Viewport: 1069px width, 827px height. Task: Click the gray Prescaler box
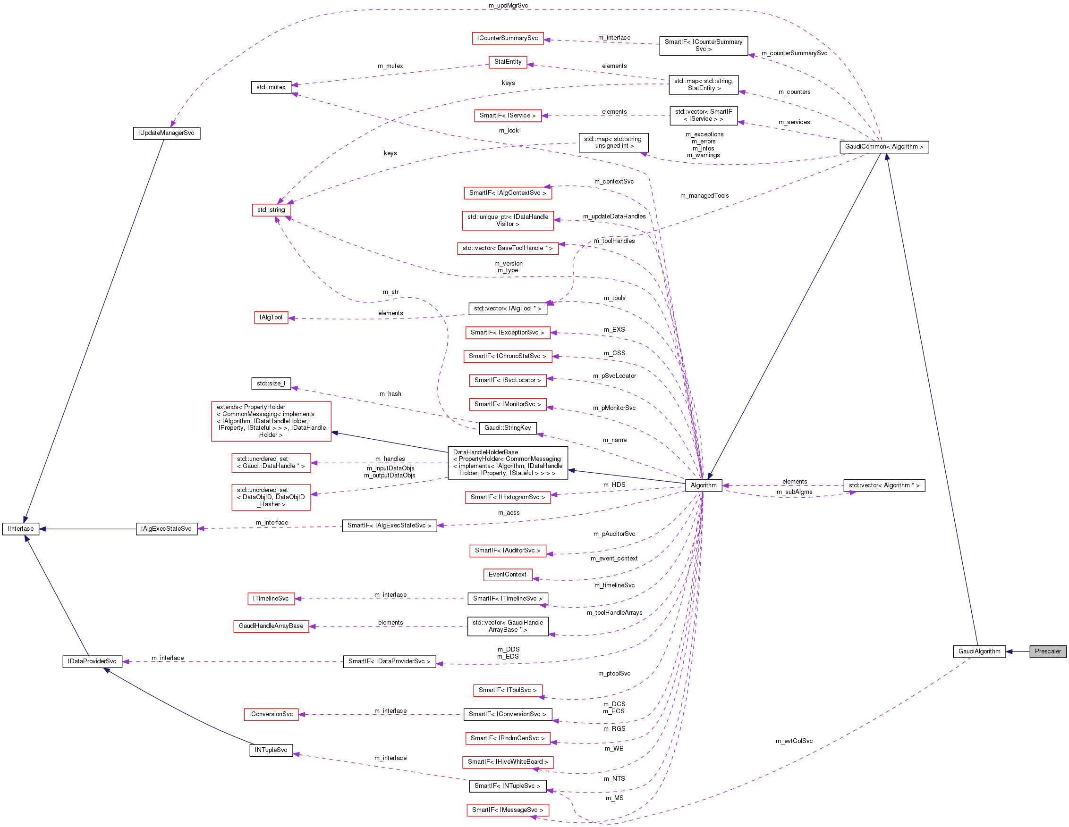click(1047, 652)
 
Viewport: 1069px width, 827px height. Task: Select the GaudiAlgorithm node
click(979, 652)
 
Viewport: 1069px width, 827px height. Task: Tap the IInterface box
click(21, 529)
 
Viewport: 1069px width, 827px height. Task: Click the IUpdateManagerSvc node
click(166, 133)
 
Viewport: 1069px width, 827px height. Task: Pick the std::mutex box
click(271, 88)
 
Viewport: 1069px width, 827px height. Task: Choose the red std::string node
click(271, 210)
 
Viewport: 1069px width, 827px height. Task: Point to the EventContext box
click(507, 575)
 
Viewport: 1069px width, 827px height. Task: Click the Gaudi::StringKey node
click(508, 428)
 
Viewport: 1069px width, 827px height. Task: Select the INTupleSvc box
click(271, 750)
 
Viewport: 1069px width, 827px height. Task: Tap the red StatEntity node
click(508, 62)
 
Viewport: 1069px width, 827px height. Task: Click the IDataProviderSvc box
click(92, 662)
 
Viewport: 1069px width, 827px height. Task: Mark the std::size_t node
click(271, 384)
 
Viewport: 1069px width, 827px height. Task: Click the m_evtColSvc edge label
click(794, 741)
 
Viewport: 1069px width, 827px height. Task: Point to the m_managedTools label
click(704, 196)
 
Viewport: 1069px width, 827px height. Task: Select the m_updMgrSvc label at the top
click(508, 5)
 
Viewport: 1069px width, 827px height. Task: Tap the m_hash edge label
click(390, 394)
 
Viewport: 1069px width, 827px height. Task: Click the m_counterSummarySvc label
click(794, 53)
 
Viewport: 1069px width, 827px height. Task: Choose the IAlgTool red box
click(271, 317)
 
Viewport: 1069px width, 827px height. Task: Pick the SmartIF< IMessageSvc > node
click(508, 810)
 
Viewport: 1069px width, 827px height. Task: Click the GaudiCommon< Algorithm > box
click(884, 147)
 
